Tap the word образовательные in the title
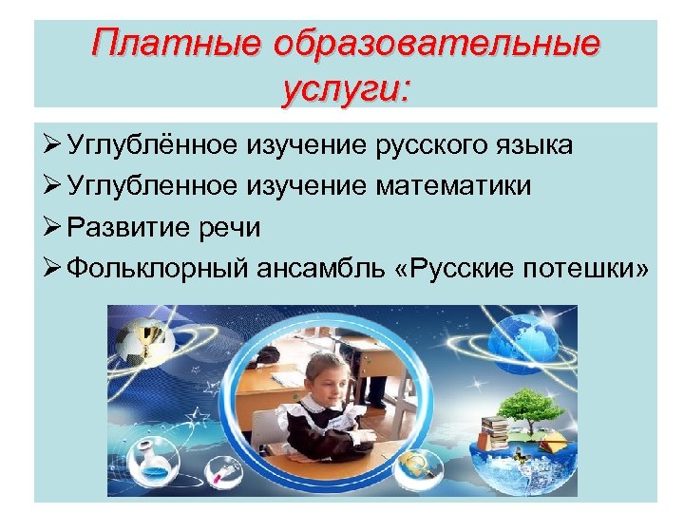(437, 45)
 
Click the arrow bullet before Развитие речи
(51, 227)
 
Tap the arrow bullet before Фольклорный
(51, 268)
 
